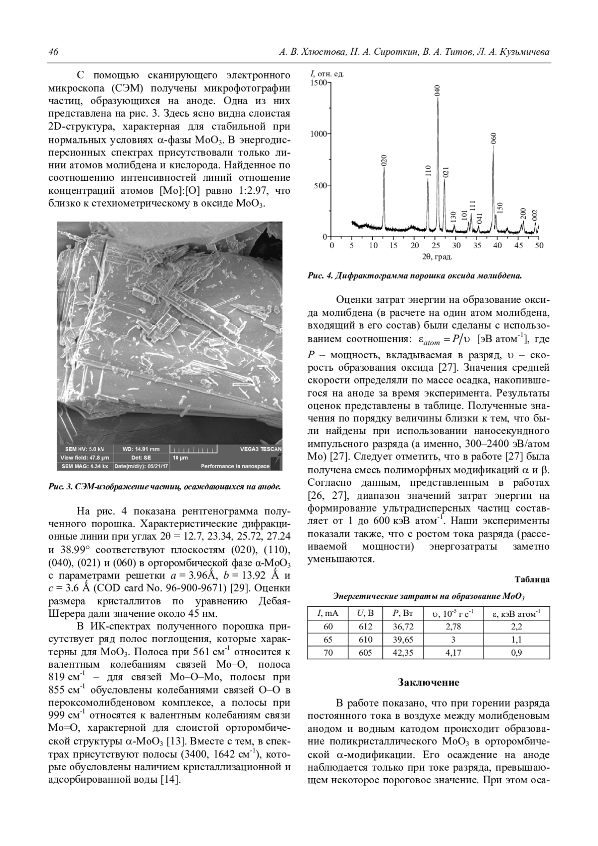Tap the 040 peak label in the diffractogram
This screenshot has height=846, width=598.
click(x=438, y=90)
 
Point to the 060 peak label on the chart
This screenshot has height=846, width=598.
click(x=494, y=138)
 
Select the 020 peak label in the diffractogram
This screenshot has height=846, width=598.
click(x=384, y=160)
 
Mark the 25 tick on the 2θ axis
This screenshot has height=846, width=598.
click(x=436, y=245)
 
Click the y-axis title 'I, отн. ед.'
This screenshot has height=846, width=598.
click(x=327, y=74)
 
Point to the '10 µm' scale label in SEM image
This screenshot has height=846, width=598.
click(x=180, y=457)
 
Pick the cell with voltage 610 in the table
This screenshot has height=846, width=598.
click(x=365, y=640)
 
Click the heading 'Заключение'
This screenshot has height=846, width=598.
click(x=429, y=682)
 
